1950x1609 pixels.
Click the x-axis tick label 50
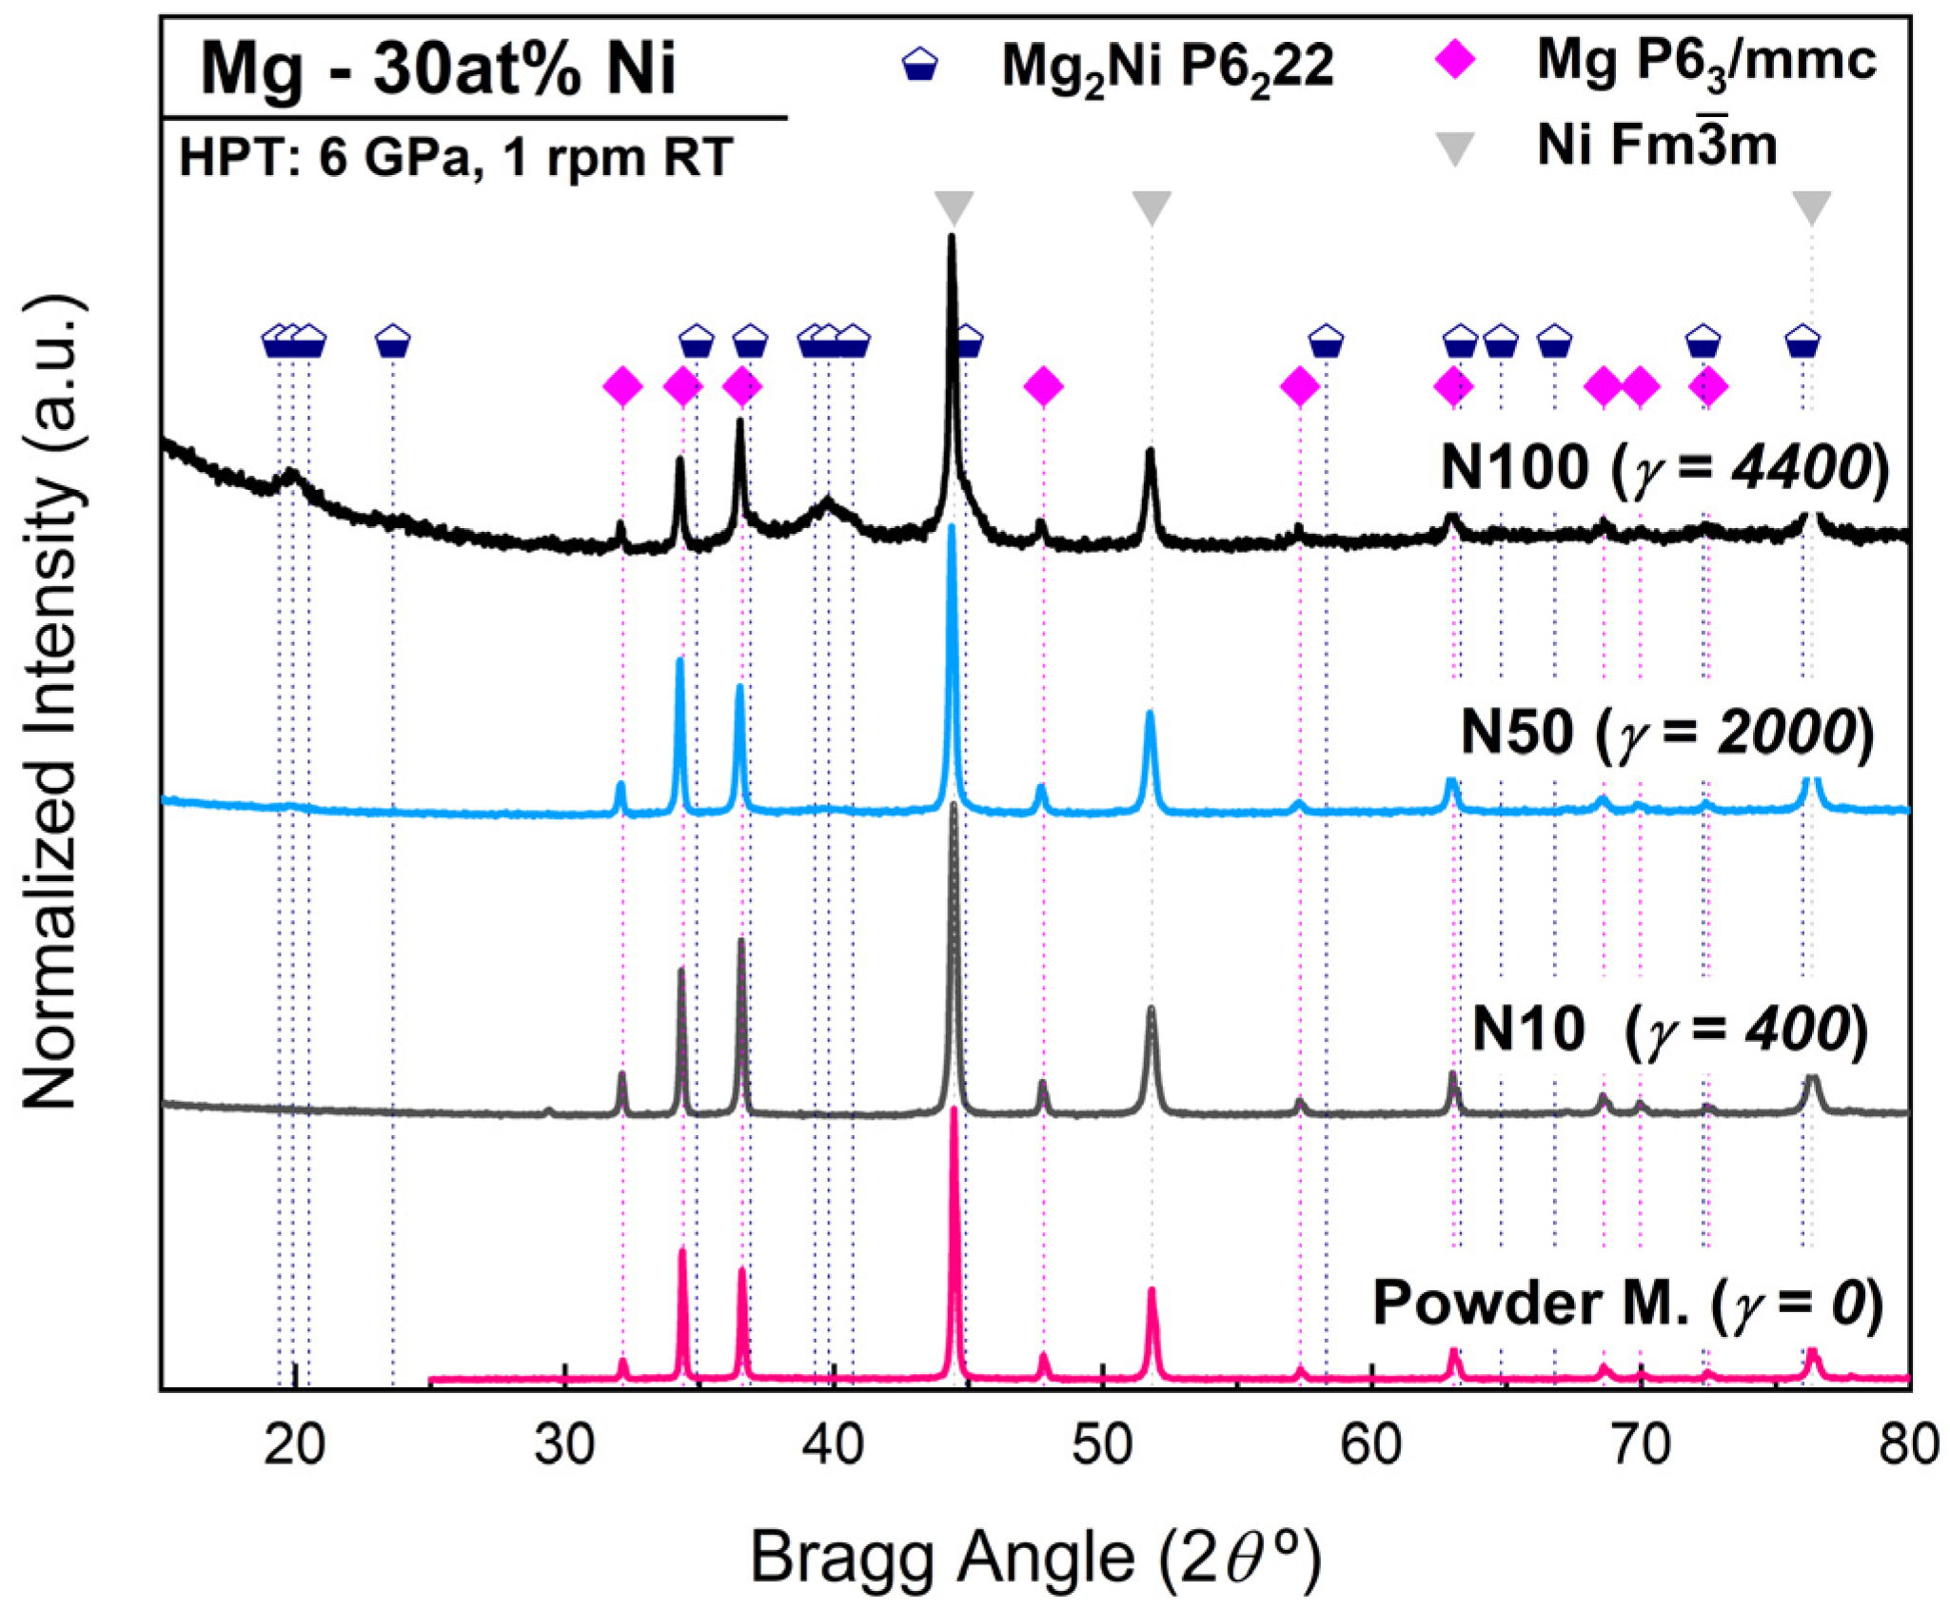1102,1444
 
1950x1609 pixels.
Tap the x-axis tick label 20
296,1444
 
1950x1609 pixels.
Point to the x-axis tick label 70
1640,1444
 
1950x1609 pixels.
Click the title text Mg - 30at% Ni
437,69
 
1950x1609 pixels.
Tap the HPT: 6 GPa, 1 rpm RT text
456,157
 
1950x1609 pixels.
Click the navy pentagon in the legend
919,66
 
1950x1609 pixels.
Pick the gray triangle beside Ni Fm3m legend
1454,148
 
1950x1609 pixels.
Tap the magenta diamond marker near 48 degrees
1043,386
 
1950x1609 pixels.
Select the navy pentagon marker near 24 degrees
393,341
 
